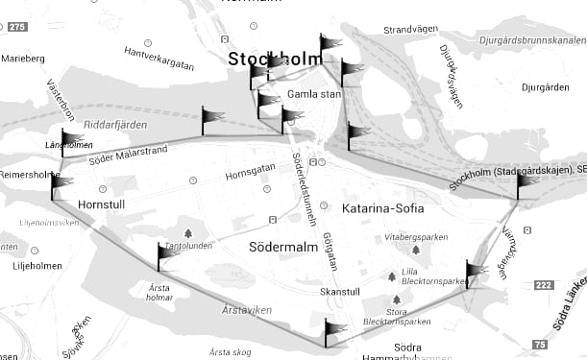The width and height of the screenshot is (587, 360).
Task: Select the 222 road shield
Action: click(x=545, y=285)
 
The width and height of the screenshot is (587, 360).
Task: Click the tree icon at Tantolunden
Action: click(x=187, y=232)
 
